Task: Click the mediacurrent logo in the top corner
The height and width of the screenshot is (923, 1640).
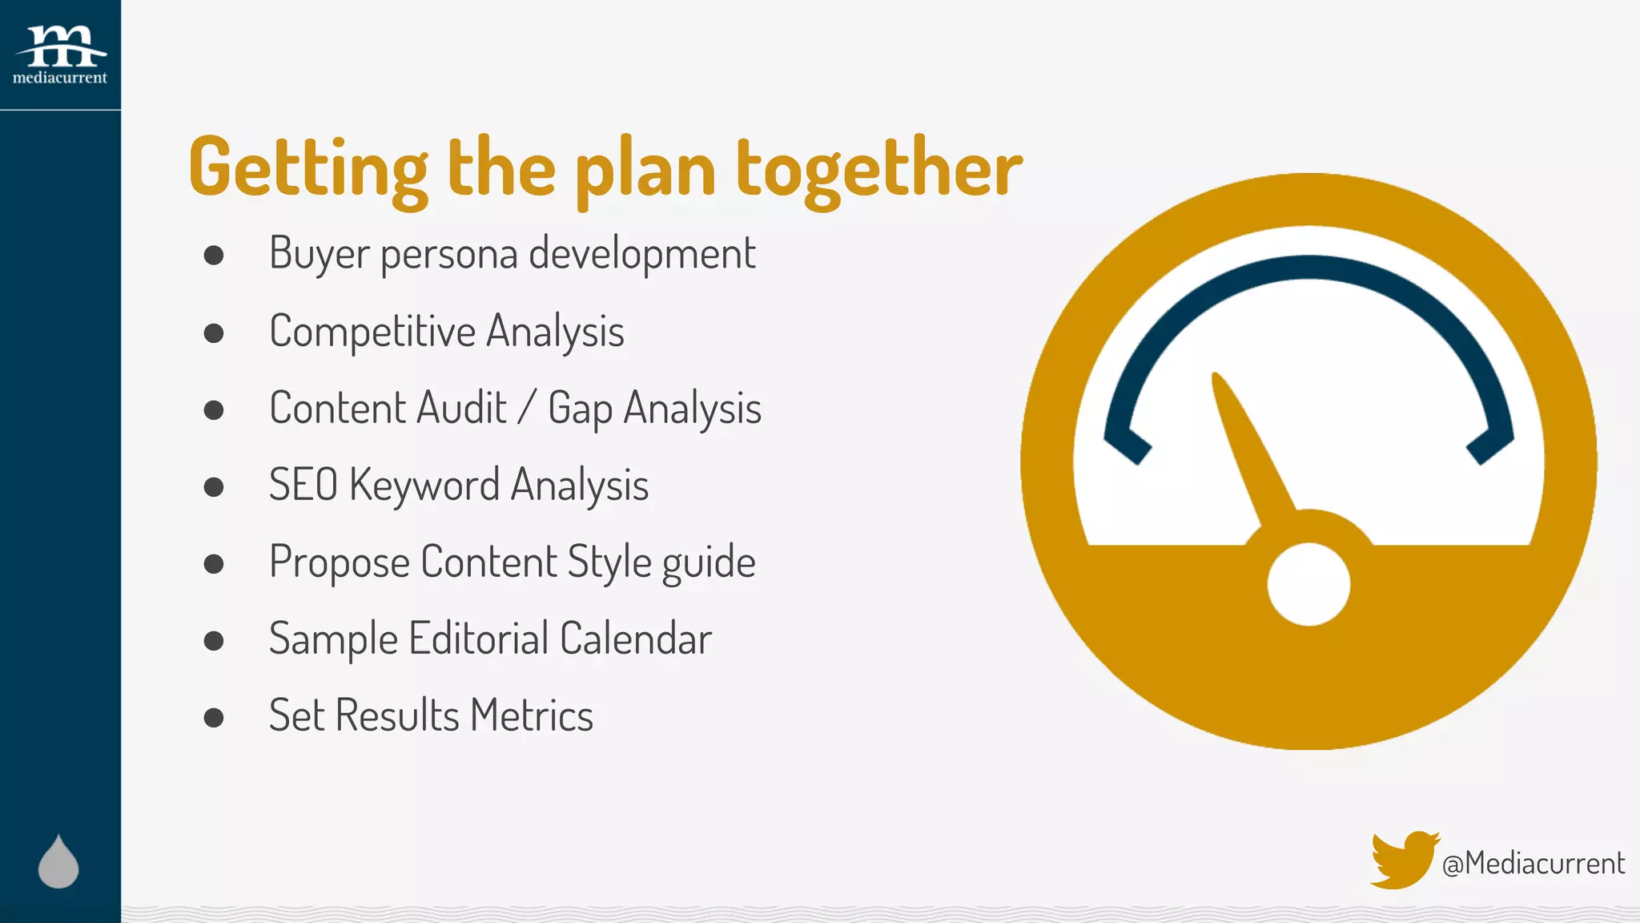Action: tap(60, 54)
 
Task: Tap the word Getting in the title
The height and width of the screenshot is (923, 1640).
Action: tap(308, 168)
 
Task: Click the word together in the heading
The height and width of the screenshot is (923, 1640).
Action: tap(878, 168)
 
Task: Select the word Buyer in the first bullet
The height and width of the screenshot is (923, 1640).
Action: tap(319, 254)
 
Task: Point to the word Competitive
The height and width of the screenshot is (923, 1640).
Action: tap(372, 332)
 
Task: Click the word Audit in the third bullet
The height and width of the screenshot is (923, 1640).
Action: tap(461, 408)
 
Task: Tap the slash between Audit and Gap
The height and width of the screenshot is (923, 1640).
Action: tap(526, 408)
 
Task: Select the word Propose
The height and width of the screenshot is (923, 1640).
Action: tap(339, 562)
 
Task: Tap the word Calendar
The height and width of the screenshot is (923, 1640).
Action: tap(636, 639)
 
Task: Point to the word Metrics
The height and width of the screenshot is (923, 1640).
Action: tap(532, 715)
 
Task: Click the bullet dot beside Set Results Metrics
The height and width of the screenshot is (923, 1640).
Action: tap(213, 717)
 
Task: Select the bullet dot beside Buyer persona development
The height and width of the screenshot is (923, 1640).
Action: tap(213, 256)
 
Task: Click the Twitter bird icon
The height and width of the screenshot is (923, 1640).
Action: tap(1403, 860)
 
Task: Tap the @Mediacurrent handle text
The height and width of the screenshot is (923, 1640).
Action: tap(1533, 864)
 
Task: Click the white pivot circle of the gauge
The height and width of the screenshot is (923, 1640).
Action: tap(1308, 584)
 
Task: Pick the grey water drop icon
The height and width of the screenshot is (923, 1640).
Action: tap(58, 863)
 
